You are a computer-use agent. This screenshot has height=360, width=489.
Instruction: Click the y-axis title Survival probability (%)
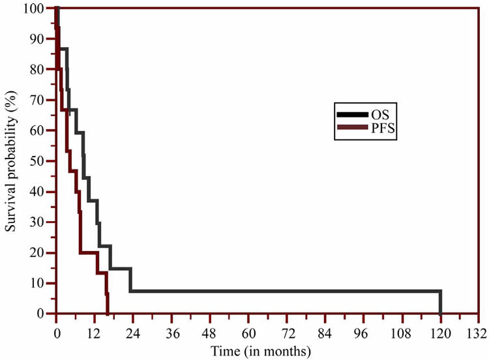tap(12, 161)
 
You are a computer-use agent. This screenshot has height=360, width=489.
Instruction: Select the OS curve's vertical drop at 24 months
tap(130, 280)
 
